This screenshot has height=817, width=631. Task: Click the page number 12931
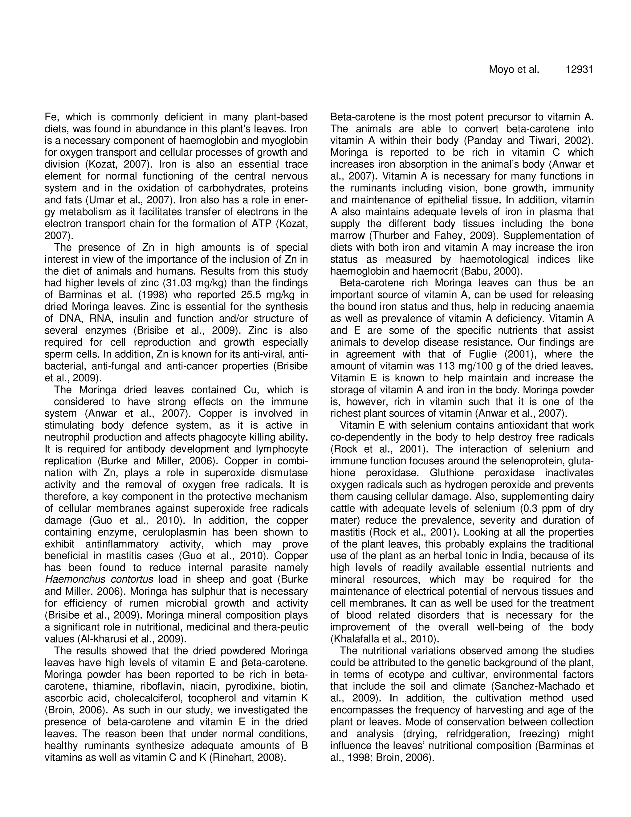[x=579, y=70]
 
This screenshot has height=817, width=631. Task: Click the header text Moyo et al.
[x=514, y=70]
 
